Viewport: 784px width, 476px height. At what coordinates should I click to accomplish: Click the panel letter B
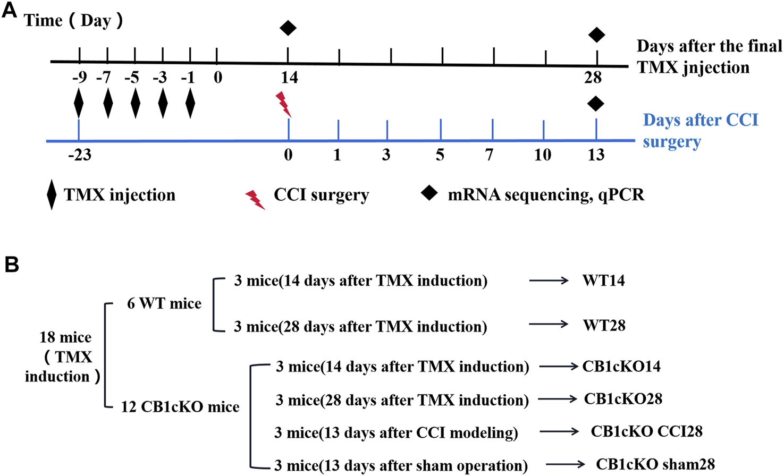[11, 265]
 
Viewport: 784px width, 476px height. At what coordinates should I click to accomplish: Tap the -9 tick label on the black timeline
[79, 78]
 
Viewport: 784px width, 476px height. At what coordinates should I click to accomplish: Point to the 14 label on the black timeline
[289, 78]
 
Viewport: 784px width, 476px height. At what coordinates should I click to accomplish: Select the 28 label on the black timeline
[593, 78]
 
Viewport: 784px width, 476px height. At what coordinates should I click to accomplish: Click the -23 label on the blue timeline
[80, 155]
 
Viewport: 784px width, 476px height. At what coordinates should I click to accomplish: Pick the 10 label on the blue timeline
[543, 155]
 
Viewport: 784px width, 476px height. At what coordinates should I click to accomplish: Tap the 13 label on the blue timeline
[596, 155]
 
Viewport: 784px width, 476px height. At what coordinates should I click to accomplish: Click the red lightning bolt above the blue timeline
[283, 104]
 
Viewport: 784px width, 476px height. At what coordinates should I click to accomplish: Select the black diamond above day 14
[288, 28]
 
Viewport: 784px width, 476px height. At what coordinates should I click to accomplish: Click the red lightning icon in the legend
[255, 199]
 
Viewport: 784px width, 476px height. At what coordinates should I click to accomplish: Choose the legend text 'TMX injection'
[120, 195]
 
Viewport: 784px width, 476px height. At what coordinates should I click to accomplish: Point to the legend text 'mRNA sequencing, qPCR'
[546, 195]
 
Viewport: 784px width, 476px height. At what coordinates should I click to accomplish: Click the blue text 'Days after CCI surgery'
[701, 131]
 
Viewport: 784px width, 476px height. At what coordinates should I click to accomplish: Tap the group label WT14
[603, 280]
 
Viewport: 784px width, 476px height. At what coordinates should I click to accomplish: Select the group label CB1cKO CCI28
[646, 431]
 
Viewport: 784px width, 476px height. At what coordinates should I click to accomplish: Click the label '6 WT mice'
[164, 303]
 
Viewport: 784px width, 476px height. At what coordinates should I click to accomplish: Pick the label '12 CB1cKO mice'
[180, 407]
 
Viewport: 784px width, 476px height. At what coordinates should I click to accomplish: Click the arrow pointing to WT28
[549, 324]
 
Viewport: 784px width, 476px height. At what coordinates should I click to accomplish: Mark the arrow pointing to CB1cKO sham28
[566, 464]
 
